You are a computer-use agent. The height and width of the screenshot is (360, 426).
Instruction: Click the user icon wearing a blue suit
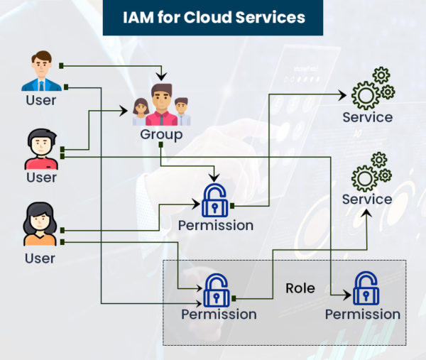pos(40,71)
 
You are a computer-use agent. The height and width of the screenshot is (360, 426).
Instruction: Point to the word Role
pos(300,288)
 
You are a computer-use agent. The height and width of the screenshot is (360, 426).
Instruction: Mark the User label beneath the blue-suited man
pos(40,100)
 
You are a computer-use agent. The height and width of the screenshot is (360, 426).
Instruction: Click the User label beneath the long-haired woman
pos(40,258)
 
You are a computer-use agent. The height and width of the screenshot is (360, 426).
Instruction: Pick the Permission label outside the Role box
pos(215,226)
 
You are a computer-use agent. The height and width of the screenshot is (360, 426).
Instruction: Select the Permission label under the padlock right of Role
pos(363,314)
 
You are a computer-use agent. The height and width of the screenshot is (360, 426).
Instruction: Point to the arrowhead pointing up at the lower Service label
pos(367,212)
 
